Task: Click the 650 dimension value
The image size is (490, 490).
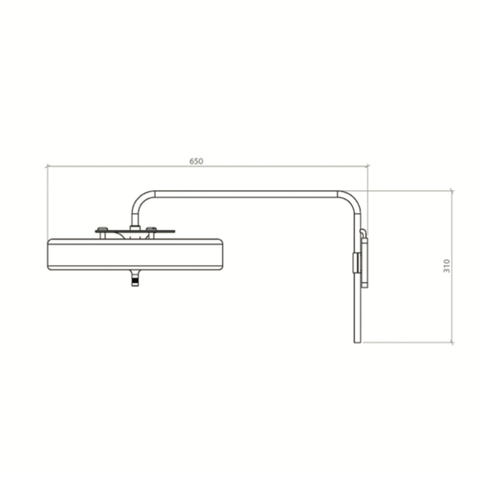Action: [196, 161]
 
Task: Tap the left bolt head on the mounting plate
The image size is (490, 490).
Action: [102, 228]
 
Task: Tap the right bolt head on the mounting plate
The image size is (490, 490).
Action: [151, 228]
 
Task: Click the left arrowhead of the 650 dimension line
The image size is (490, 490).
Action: [47, 166]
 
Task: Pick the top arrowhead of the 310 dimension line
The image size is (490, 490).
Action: [452, 191]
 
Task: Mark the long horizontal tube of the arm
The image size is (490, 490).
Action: [245, 194]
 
